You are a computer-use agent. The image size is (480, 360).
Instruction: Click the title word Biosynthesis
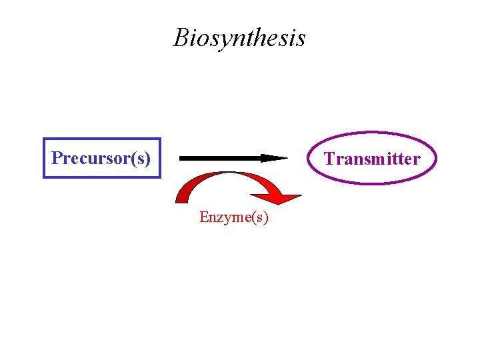tap(239, 38)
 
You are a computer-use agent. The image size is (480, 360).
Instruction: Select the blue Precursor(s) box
tap(102, 158)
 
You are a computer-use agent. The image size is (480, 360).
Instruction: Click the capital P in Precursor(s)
tap(57, 158)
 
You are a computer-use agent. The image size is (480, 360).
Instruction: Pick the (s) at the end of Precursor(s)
tap(141, 159)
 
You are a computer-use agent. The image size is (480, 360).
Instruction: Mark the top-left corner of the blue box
tap(44, 139)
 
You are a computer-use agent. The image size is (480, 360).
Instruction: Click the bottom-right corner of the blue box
tap(160, 177)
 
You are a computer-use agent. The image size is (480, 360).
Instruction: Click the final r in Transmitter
tap(417, 159)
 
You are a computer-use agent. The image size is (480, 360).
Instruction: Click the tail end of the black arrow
tap(181, 158)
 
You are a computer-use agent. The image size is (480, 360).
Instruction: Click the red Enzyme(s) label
tap(234, 218)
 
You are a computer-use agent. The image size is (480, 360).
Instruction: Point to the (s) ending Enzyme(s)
tap(260, 218)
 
